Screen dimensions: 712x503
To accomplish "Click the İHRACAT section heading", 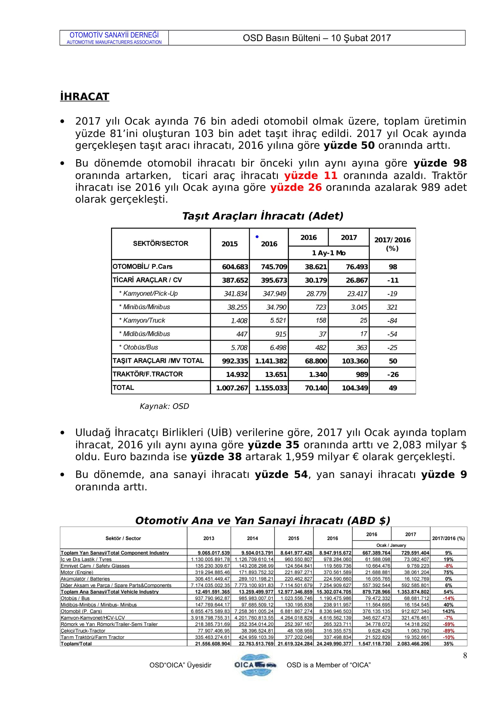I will pyautogui.click(x=84, y=96).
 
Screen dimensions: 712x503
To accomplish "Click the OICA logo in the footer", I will pyautogui.click(x=255, y=665).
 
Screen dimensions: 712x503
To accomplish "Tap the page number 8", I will pyautogui.click(x=465, y=655).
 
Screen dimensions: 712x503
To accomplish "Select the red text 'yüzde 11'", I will pyautogui.click(x=311, y=176).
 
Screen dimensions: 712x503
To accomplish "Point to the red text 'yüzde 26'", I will pyautogui.click(x=296, y=187).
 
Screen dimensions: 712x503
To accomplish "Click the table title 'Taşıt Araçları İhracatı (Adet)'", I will pyautogui.click(x=263, y=216).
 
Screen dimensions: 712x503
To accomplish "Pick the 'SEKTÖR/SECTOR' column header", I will pyautogui.click(x=161, y=244).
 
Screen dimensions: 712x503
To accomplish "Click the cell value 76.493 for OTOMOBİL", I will pyautogui.click(x=356, y=267).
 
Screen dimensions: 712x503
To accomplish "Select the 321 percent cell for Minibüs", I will pyautogui.click(x=392, y=307).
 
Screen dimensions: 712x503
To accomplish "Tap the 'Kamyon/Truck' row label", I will pyautogui.click(x=144, y=320).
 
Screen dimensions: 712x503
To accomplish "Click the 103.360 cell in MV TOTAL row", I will pyautogui.click(x=355, y=361).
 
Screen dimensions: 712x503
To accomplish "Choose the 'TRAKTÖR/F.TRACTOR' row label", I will pyautogui.click(x=148, y=374).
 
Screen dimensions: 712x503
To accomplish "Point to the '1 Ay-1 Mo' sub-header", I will pyautogui.click(x=329, y=253).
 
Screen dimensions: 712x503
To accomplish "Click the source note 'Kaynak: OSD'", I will pyautogui.click(x=164, y=406).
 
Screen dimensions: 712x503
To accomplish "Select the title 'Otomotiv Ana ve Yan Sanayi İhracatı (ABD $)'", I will pyautogui.click(x=263, y=520).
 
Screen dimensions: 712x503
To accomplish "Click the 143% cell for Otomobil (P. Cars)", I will pyautogui.click(x=448, y=611).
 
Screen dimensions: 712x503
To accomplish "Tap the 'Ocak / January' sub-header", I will pyautogui.click(x=391, y=545).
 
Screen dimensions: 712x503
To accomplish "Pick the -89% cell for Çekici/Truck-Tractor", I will pyautogui.click(x=448, y=631).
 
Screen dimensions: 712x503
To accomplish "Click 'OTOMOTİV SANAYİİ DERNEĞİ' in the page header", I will pyautogui.click(x=114, y=35).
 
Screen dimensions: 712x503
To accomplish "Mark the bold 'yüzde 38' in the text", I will pyautogui.click(x=216, y=457).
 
